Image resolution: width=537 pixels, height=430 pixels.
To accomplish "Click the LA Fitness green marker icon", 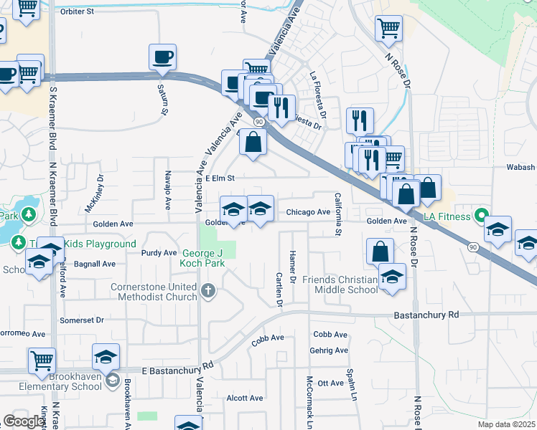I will [482, 216].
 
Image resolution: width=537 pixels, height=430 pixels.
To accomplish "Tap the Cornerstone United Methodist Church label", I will [154, 292].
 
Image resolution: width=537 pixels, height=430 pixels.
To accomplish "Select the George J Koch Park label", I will [203, 258].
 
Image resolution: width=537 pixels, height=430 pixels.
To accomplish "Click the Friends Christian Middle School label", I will [340, 284].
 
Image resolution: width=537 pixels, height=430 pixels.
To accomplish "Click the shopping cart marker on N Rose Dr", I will [388, 29].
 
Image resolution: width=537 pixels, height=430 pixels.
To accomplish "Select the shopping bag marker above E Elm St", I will [253, 142].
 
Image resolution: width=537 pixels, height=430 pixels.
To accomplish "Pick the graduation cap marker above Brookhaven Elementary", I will [106, 357].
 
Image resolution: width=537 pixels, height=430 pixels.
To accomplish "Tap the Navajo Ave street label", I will [167, 194].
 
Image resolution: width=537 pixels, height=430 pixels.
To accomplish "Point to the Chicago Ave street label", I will [308, 212].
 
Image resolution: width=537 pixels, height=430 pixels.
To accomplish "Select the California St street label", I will [337, 213].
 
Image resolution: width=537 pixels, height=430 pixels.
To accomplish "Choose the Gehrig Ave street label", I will [329, 350].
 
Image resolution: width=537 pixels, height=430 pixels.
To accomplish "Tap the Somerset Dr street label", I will [82, 320].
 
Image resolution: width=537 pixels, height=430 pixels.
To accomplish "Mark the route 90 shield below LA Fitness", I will [472, 247].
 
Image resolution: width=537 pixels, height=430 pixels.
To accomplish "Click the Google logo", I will [24, 421].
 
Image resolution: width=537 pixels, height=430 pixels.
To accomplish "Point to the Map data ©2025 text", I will [507, 424].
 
